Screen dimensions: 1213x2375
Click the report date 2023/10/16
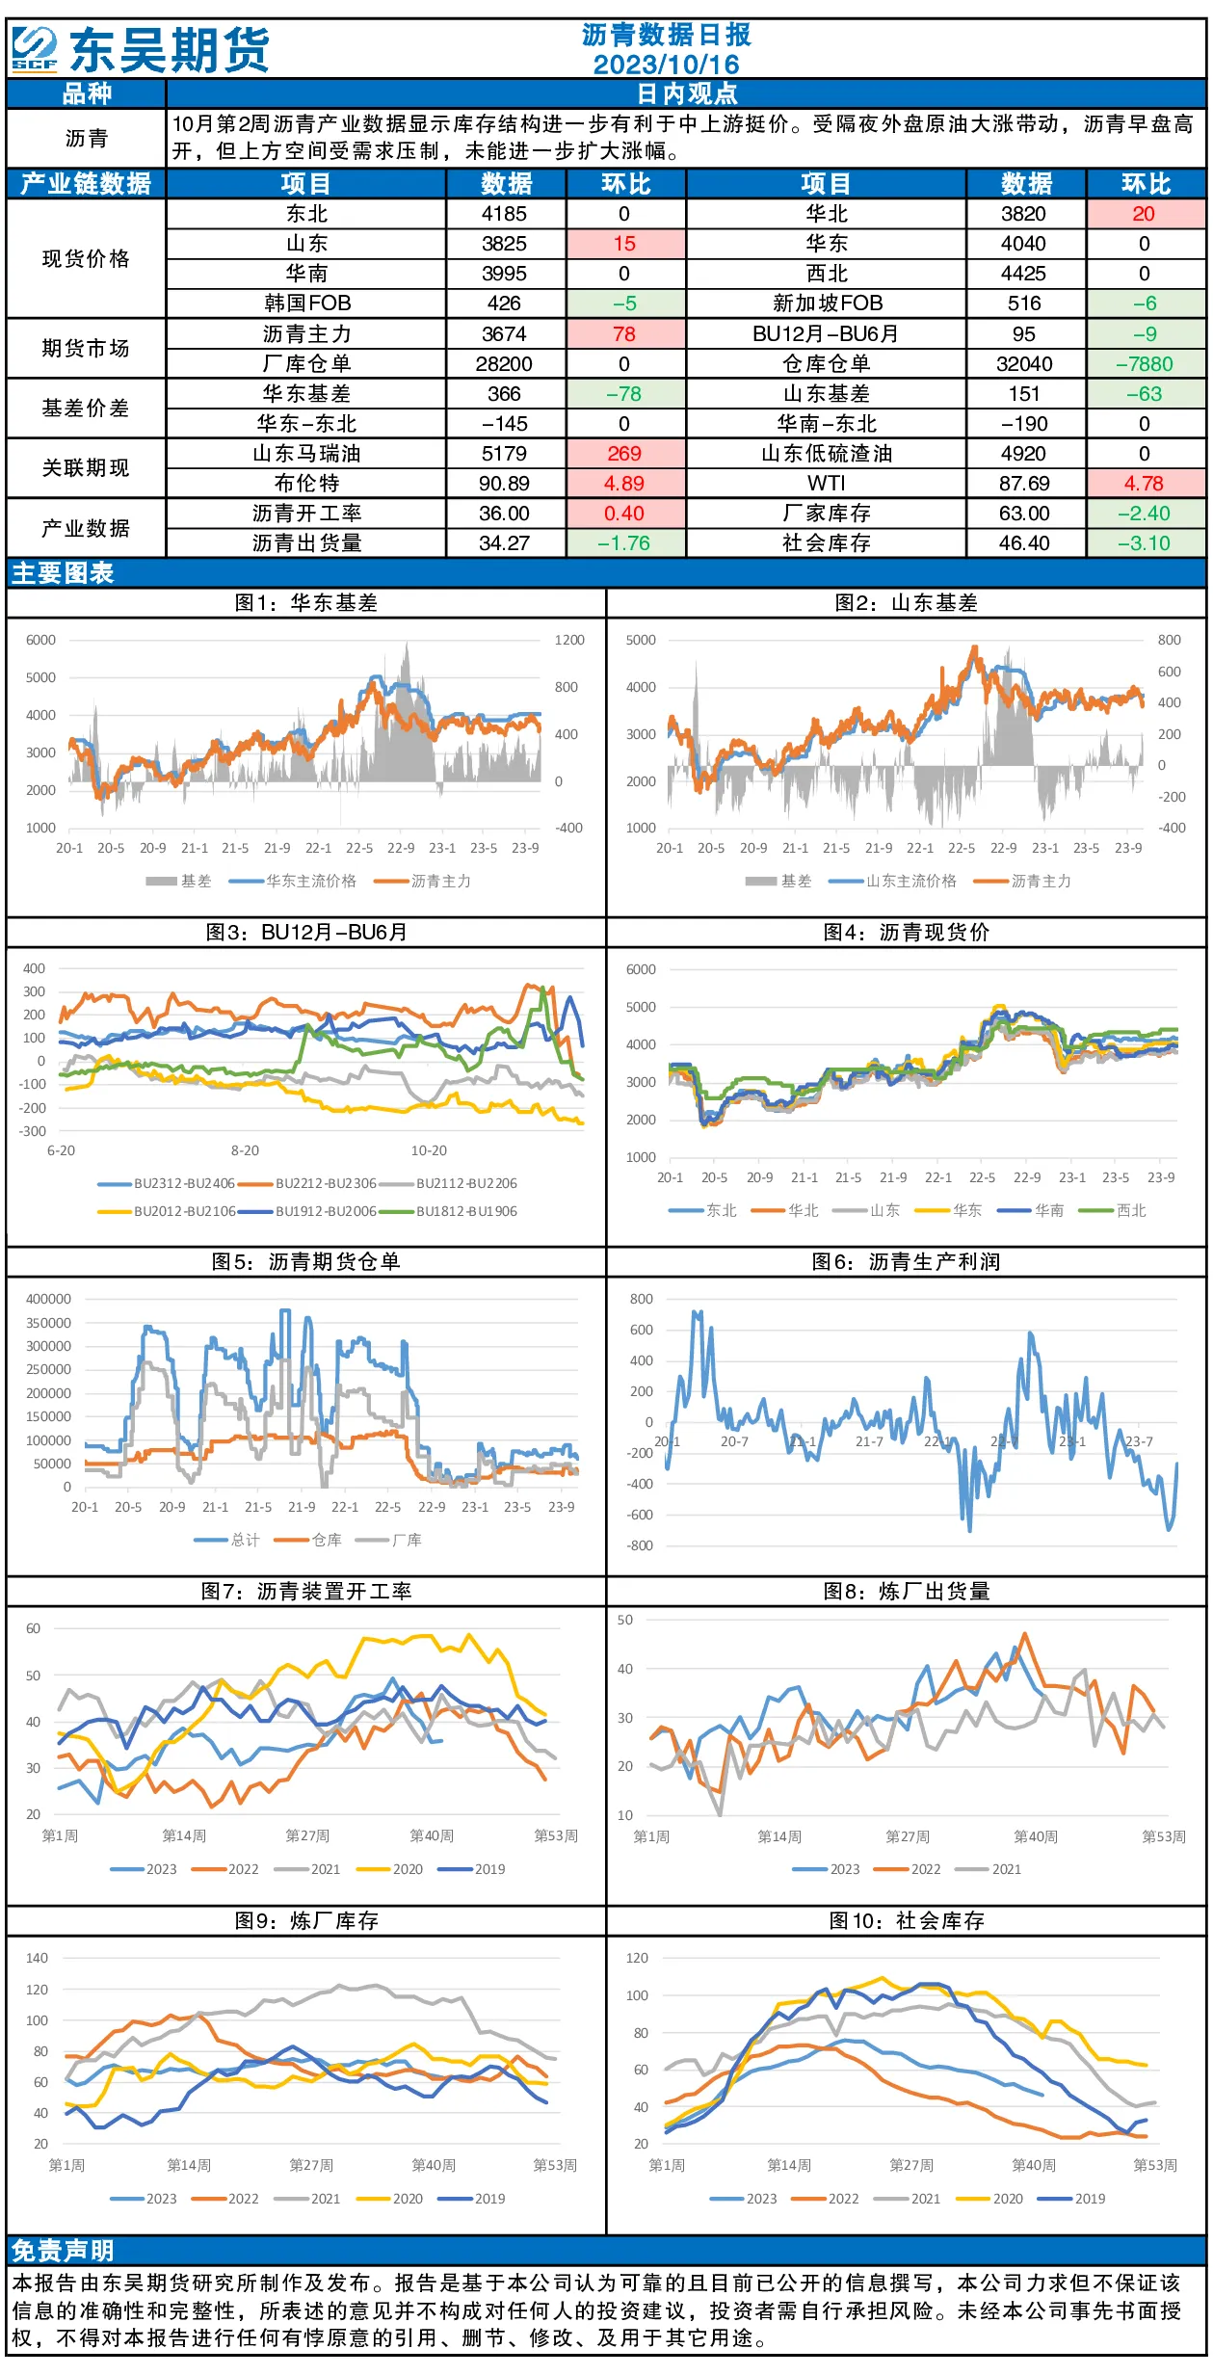[666, 65]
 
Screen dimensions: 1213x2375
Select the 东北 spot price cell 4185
[504, 214]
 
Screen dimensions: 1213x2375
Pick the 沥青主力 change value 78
[624, 334]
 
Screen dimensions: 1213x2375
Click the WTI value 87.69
[1024, 484]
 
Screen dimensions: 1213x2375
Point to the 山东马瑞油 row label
[306, 454]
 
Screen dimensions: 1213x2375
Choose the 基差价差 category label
[86, 409]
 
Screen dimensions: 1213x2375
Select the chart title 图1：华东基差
[306, 603]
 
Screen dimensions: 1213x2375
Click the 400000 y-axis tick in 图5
[48, 1299]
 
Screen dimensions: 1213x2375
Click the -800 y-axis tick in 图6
[641, 1545]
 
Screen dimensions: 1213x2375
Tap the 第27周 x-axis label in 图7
[307, 1835]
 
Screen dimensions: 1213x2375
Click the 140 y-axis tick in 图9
[37, 1958]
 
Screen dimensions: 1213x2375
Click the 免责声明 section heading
[63, 2251]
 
